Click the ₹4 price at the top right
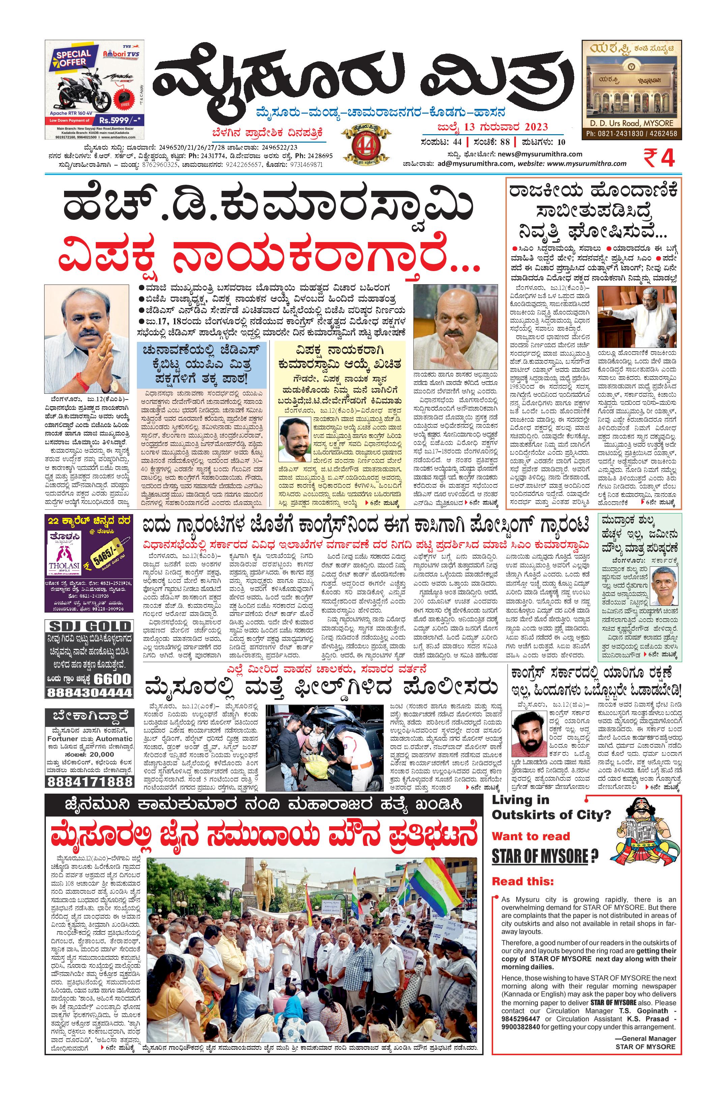point(659,158)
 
